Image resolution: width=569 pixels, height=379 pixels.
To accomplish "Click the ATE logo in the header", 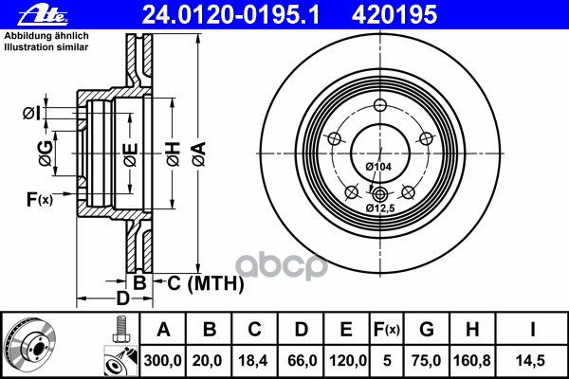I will click(x=25, y=12).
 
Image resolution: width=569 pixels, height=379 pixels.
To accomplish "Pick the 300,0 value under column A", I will click(x=162, y=361).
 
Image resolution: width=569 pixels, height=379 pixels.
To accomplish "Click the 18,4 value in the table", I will click(x=255, y=361).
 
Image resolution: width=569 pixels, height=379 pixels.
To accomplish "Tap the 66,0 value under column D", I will click(x=301, y=361).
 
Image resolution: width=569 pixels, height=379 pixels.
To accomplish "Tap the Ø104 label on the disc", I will click(x=378, y=168).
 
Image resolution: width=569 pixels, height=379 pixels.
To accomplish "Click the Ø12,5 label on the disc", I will click(x=380, y=208).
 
